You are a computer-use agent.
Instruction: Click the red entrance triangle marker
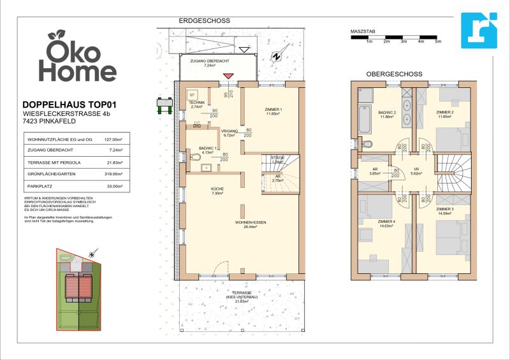tap(228, 76)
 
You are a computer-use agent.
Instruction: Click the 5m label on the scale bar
tap(438, 41)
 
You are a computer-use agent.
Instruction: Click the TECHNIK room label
tap(196, 104)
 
